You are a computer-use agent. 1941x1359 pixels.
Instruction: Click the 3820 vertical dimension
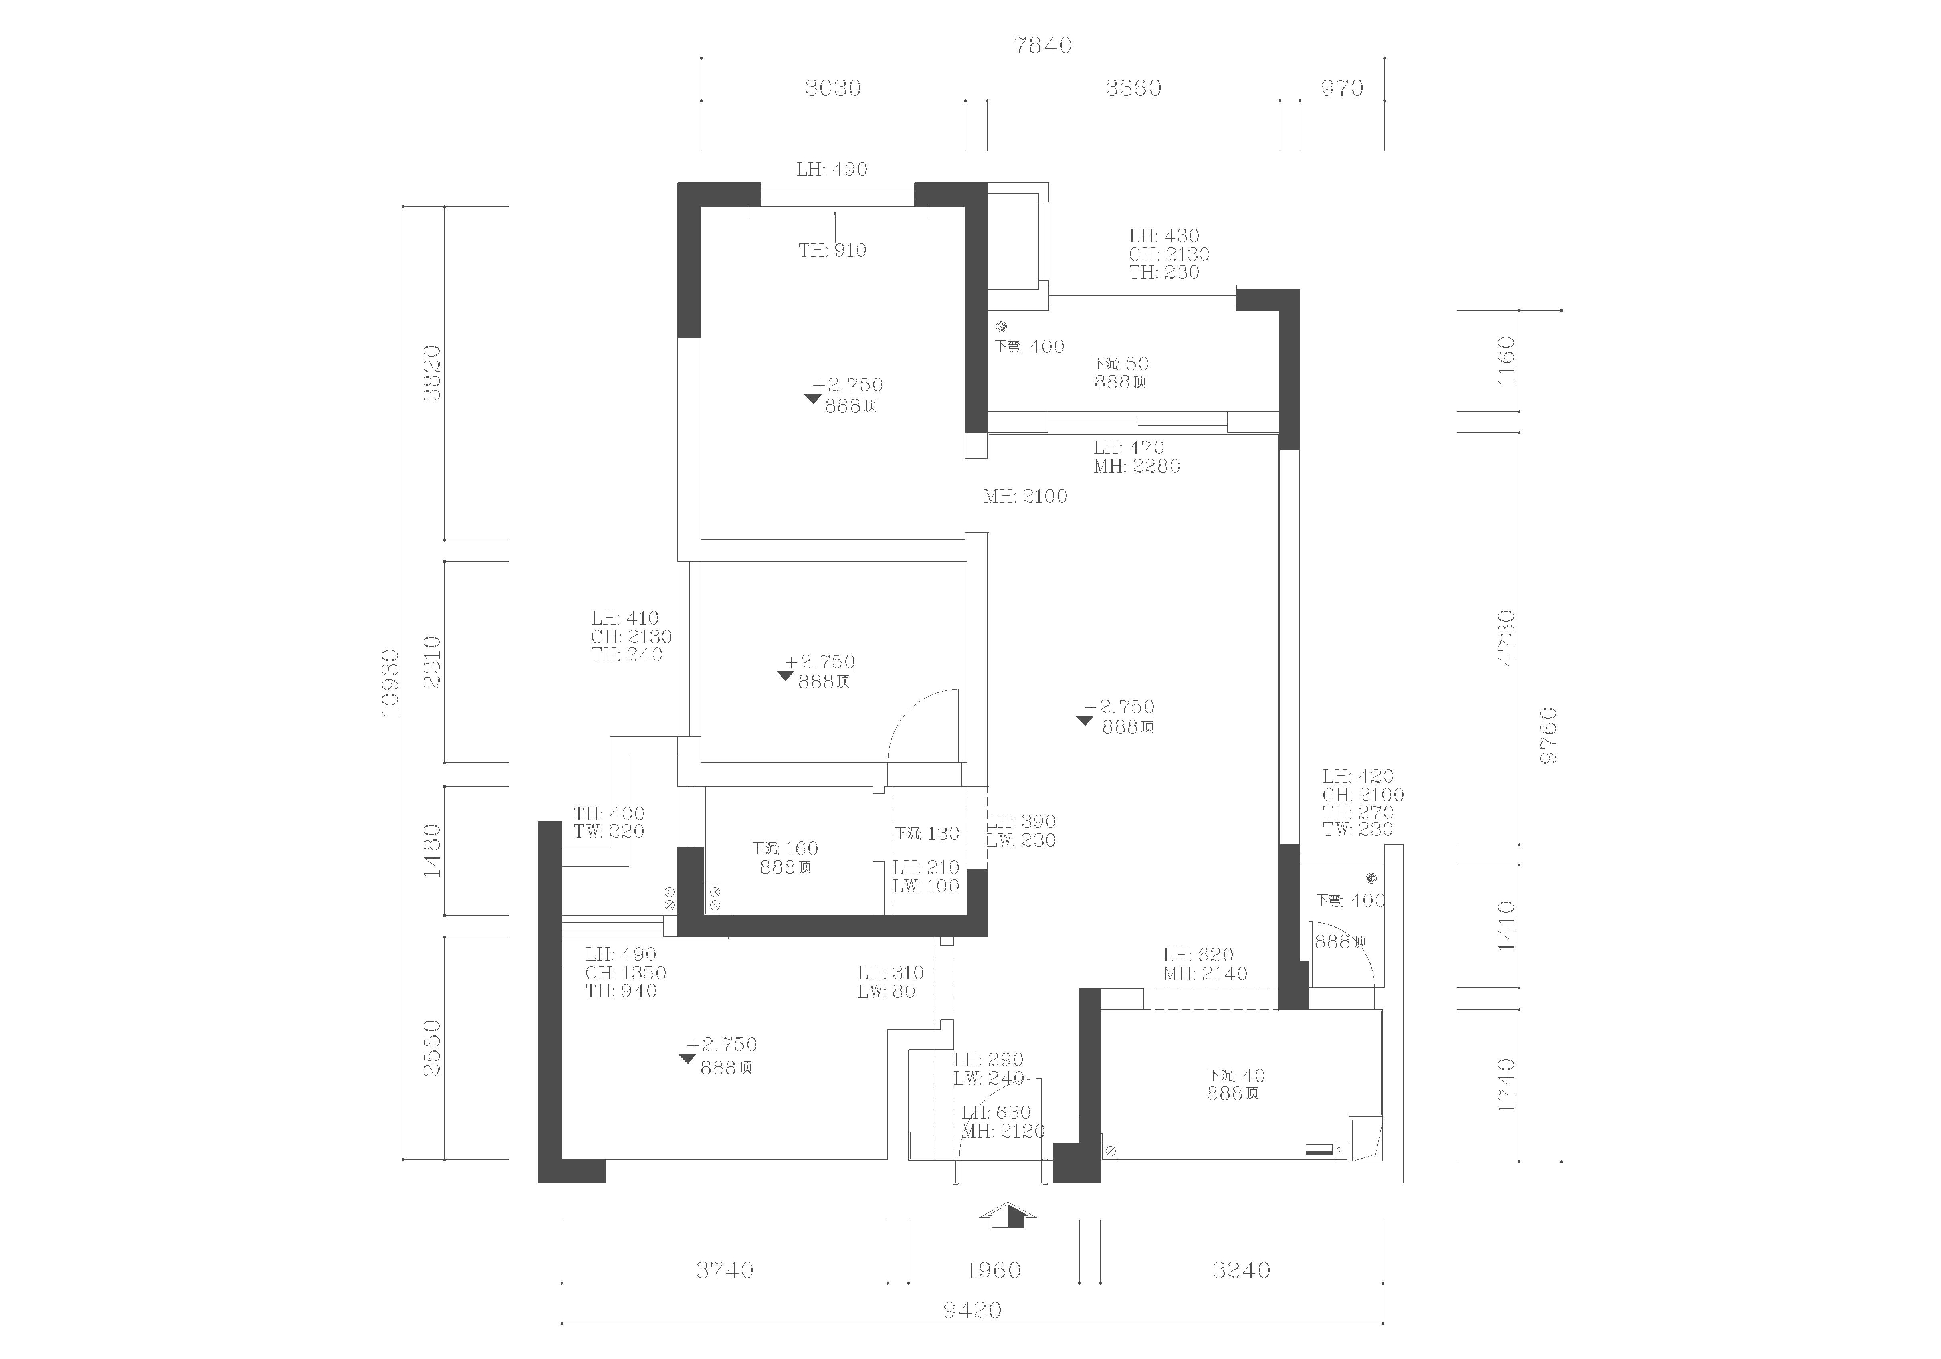432,373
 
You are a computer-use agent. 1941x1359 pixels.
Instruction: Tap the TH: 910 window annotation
833,250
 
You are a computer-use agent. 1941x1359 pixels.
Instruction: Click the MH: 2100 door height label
1026,496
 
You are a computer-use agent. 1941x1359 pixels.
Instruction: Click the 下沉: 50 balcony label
1120,364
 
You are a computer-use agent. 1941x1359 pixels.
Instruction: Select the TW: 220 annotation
609,831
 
